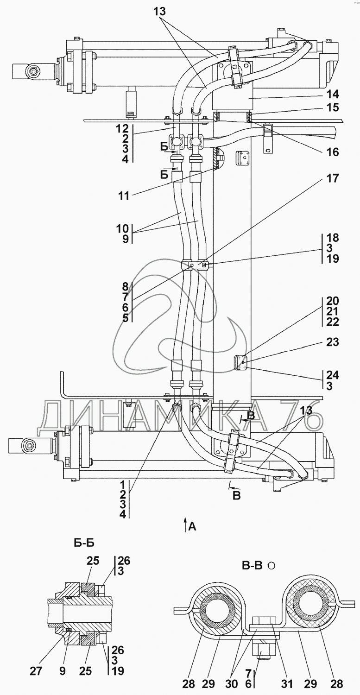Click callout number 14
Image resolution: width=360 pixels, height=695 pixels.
click(332, 94)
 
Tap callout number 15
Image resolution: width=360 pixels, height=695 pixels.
click(332, 107)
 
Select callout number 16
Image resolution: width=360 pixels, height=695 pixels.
click(332, 152)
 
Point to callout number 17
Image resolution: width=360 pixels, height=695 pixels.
click(332, 178)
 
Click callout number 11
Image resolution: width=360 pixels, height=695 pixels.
click(124, 196)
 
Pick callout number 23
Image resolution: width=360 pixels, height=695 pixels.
click(332, 342)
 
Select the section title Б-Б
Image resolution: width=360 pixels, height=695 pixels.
click(84, 543)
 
